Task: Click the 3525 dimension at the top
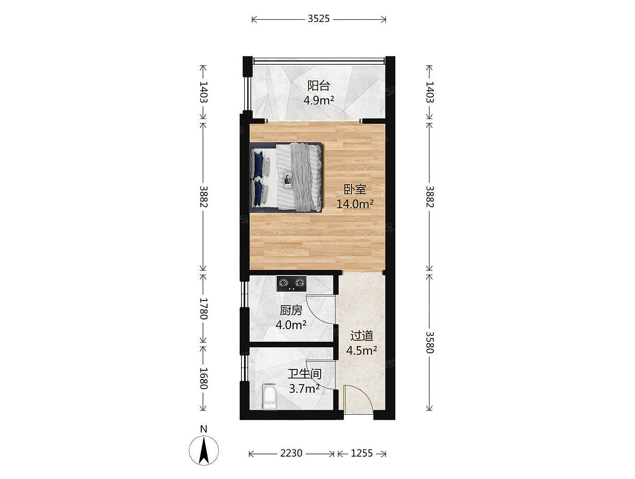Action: click(318, 19)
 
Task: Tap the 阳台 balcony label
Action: click(318, 85)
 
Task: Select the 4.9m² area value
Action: click(318, 100)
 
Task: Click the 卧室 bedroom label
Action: click(355, 190)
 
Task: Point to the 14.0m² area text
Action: click(355, 204)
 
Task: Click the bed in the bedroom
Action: click(286, 178)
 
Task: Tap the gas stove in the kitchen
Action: click(292, 284)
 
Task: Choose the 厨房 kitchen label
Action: click(291, 310)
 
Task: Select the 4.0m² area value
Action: click(291, 325)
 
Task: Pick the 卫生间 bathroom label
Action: click(305, 374)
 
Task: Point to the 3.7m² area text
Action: click(305, 389)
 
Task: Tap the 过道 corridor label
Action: click(362, 335)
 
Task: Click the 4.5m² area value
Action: click(361, 350)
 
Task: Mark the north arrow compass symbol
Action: click(203, 450)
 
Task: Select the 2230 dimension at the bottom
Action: click(291, 453)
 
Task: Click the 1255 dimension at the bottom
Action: click(362, 453)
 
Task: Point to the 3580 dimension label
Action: click(430, 342)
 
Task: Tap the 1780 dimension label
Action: click(203, 309)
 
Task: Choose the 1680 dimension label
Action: click(203, 378)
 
